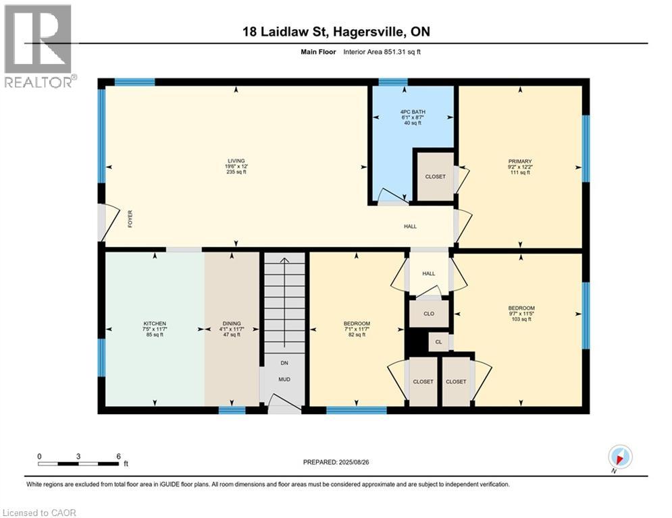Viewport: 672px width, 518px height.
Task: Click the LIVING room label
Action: (x=236, y=161)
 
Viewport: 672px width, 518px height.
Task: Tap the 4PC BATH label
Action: (x=411, y=111)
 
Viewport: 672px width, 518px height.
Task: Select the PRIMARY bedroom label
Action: (x=520, y=161)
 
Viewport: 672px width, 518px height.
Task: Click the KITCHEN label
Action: (x=154, y=324)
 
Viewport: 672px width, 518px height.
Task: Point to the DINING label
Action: (x=232, y=324)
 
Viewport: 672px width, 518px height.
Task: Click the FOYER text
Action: (x=129, y=219)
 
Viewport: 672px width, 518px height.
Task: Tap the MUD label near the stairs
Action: (x=285, y=380)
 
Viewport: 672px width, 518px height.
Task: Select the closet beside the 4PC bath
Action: (x=435, y=177)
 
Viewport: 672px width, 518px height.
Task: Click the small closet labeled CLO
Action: (x=428, y=314)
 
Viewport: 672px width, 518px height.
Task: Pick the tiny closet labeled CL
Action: (x=438, y=343)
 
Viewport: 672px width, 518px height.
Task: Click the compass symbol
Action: (x=619, y=457)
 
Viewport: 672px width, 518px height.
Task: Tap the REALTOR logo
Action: (x=39, y=46)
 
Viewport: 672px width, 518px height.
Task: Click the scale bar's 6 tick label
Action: (x=118, y=456)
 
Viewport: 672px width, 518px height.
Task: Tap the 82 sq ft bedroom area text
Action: (x=357, y=335)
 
